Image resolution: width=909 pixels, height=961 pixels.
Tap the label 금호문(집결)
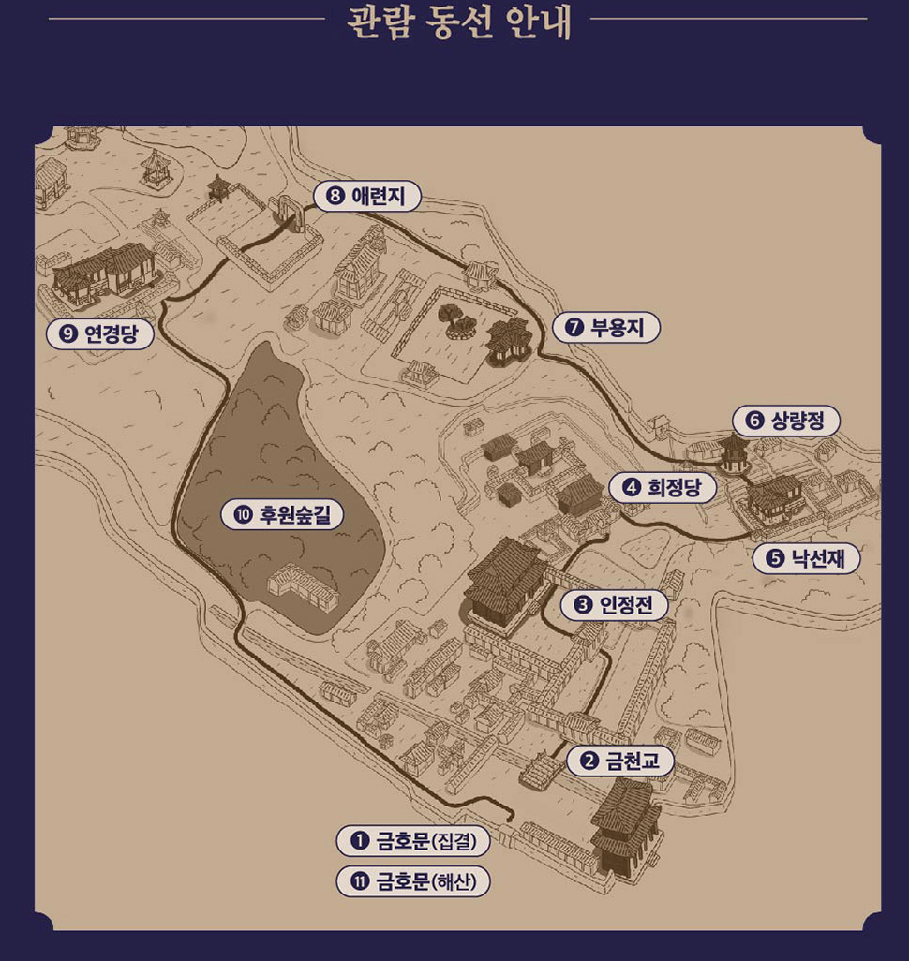[413, 841]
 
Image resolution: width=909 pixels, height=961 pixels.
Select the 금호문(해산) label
[413, 881]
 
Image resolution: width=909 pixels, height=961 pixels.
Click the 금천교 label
[620, 761]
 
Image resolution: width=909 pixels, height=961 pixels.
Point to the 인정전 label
[615, 605]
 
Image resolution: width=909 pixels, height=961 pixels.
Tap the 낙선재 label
[806, 558]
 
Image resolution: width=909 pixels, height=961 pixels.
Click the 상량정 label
[786, 421]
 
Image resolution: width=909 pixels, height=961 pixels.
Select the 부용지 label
[606, 327]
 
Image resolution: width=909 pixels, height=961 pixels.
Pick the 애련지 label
[367, 196]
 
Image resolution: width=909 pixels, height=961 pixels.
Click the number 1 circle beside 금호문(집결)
[357, 841]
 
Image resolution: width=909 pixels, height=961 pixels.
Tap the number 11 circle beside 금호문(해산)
[357, 881]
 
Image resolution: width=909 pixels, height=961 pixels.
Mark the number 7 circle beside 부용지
[573, 327]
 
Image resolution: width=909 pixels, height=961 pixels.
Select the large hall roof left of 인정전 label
[506, 579]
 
